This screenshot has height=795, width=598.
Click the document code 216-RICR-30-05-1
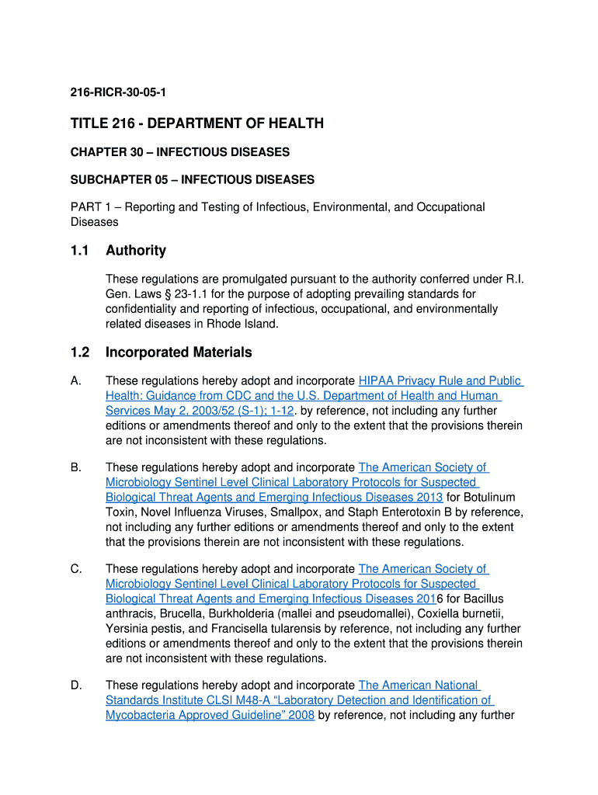[118, 93]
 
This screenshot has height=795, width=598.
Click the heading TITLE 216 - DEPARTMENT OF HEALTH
[197, 124]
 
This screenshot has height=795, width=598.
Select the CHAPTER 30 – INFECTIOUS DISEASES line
[180, 151]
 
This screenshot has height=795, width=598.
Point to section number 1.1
[80, 250]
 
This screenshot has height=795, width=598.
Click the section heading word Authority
[136, 250]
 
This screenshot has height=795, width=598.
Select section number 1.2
[80, 352]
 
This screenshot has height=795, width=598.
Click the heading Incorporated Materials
[179, 352]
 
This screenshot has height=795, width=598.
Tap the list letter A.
[75, 381]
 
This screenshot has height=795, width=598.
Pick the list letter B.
[75, 467]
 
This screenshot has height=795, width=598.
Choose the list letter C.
[75, 569]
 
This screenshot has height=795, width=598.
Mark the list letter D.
[75, 686]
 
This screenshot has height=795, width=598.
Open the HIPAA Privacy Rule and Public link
[440, 381]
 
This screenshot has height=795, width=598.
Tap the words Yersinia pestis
[144, 629]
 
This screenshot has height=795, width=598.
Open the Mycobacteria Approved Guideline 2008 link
[210, 715]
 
